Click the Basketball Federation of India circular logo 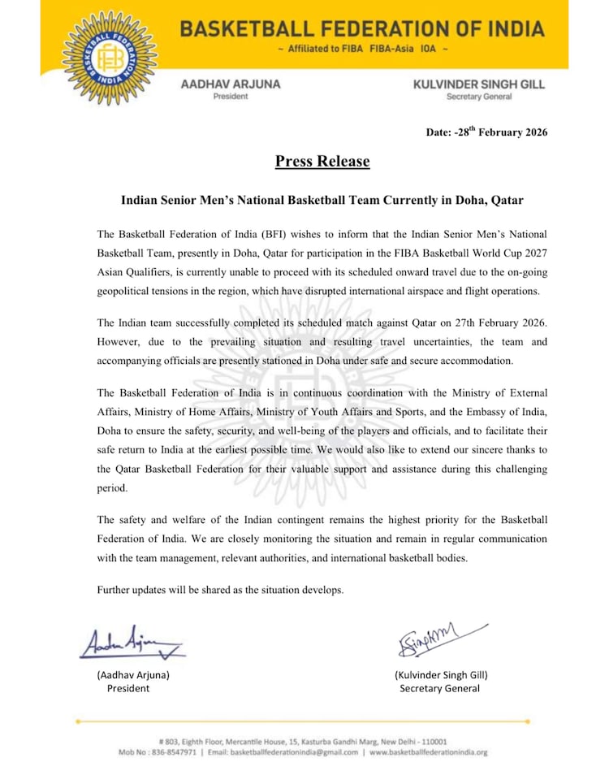pyautogui.click(x=109, y=57)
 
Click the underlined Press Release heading pyautogui.click(x=322, y=161)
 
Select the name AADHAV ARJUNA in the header pyautogui.click(x=231, y=84)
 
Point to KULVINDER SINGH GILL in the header pyautogui.click(x=479, y=84)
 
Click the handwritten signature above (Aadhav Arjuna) pyautogui.click(x=130, y=643)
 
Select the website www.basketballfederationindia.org pyautogui.click(x=429, y=752)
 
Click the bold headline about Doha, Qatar pyautogui.click(x=322, y=200)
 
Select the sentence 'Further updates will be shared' pyautogui.click(x=220, y=589)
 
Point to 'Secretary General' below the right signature pyautogui.click(x=439, y=688)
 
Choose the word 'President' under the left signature pyautogui.click(x=128, y=688)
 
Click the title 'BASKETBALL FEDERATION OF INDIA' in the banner pyautogui.click(x=362, y=29)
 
